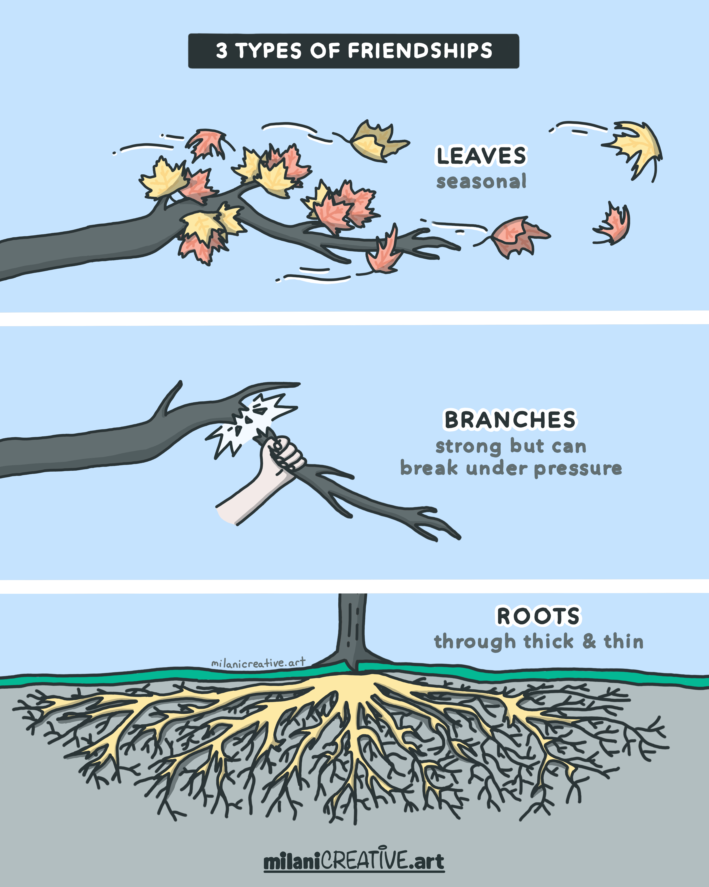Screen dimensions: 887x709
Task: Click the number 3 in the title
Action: (222, 51)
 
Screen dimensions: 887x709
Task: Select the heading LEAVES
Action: (481, 156)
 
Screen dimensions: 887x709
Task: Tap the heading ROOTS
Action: (538, 616)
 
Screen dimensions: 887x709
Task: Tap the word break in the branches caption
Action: (429, 468)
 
